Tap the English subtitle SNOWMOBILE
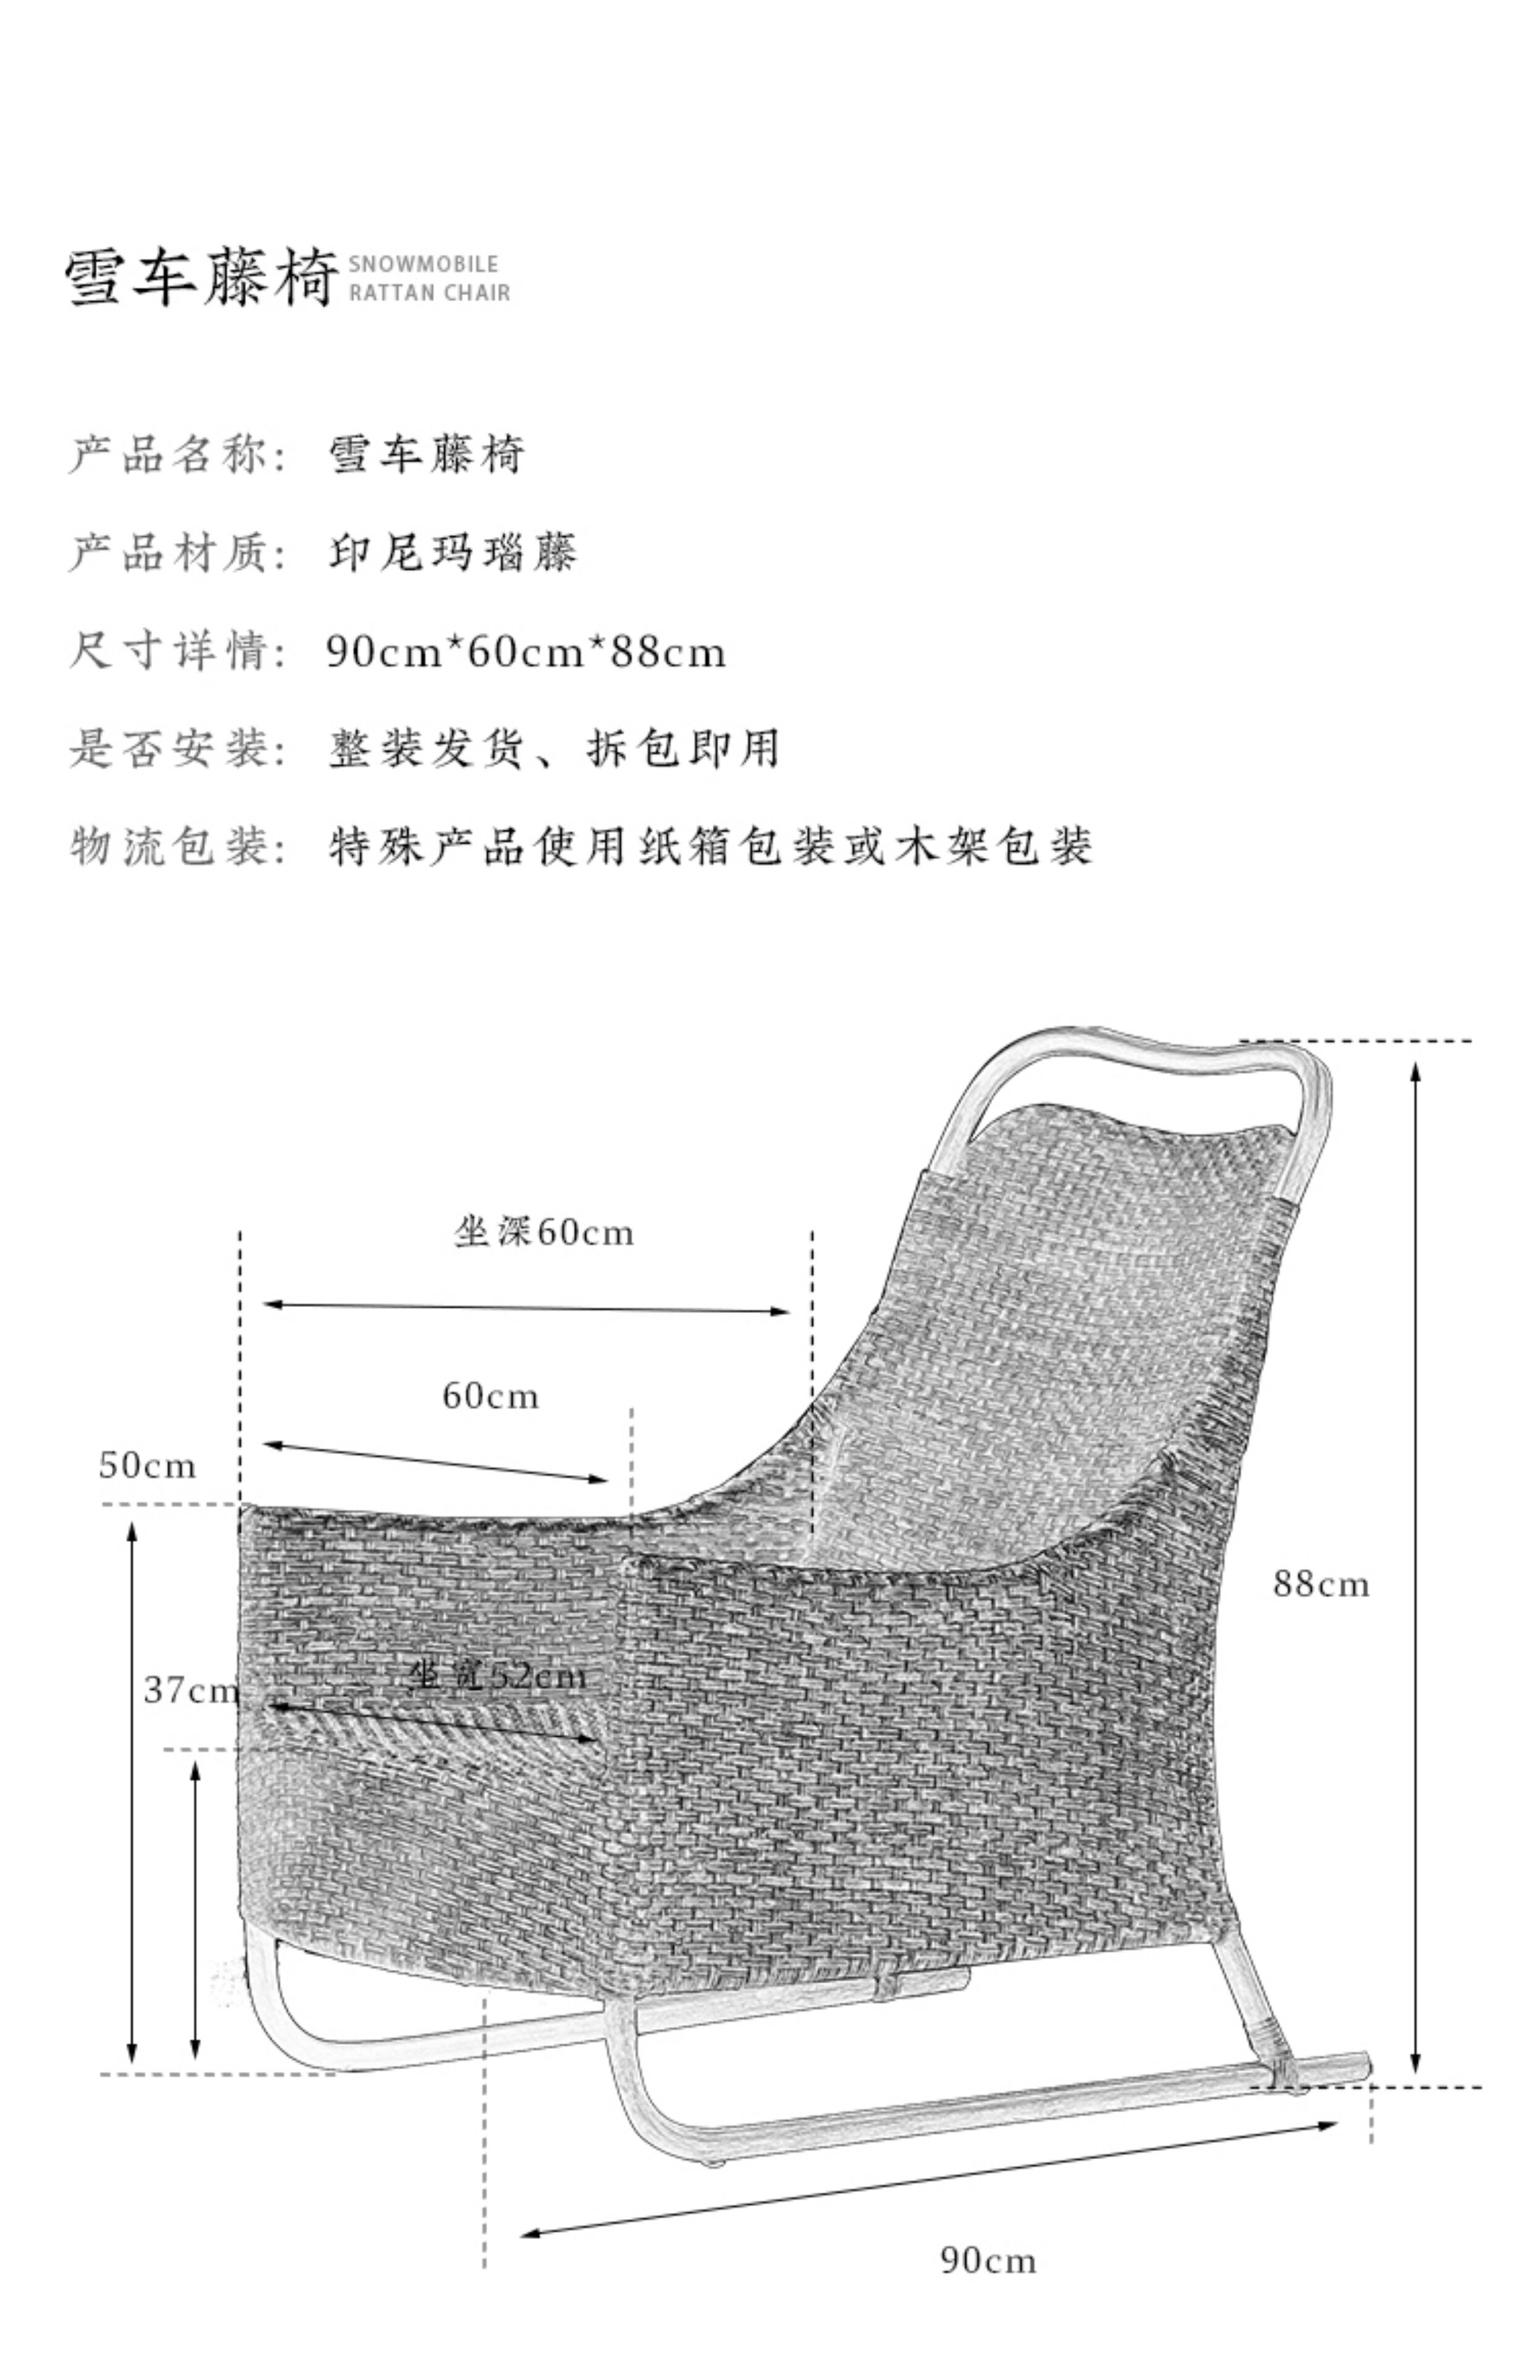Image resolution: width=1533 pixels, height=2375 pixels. pyautogui.click(x=423, y=265)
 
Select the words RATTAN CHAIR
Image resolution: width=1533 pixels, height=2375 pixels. pyautogui.click(x=429, y=293)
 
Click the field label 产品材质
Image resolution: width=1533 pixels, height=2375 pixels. pyautogui.click(x=169, y=553)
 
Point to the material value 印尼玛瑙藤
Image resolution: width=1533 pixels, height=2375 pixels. pyautogui.click(x=453, y=553)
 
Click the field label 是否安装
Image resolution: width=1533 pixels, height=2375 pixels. pyautogui.click(x=169, y=749)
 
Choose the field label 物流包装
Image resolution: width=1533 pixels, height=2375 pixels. pyautogui.click(x=169, y=847)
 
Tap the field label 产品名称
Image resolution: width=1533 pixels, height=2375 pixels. pyautogui.click(x=169, y=455)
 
